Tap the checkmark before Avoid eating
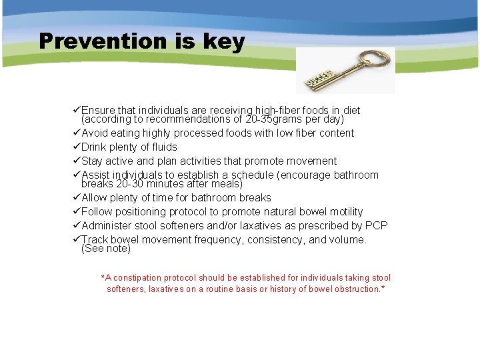point(76,133)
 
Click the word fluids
point(163,147)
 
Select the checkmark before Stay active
point(76,161)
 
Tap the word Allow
point(95,197)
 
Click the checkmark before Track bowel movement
point(76,239)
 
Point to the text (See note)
point(106,249)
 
